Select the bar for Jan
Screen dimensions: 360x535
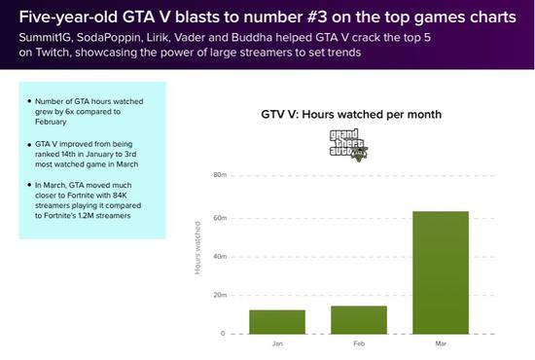tap(277, 322)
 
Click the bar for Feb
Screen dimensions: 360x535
tap(359, 320)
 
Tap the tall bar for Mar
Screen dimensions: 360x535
tap(441, 272)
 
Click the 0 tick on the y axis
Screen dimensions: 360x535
tap(222, 334)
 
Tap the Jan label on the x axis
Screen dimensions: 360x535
tap(277, 343)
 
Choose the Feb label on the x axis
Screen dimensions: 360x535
tap(359, 343)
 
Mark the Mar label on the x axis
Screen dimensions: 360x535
tap(441, 343)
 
